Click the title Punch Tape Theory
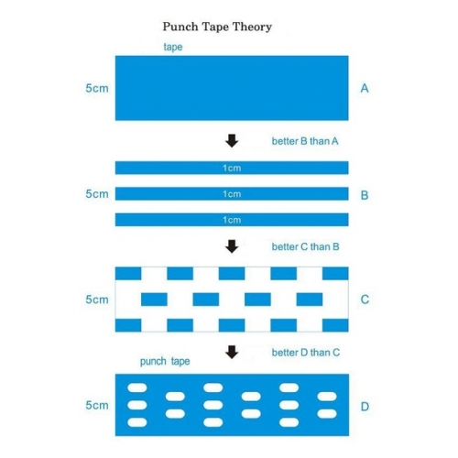click(217, 27)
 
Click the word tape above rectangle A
click(173, 47)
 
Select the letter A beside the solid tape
click(365, 88)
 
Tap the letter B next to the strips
click(365, 195)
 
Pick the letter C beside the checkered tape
click(365, 300)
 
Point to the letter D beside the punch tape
click(365, 407)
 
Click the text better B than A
click(305, 141)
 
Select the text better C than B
click(305, 246)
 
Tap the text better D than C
click(306, 353)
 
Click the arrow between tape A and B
click(232, 141)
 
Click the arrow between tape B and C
click(232, 246)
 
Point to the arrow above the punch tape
click(232, 352)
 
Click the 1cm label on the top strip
click(232, 168)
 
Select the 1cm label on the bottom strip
click(232, 220)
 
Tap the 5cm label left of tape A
click(97, 88)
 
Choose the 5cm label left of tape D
click(97, 405)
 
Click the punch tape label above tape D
click(165, 362)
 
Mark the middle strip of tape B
click(232, 193)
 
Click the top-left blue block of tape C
click(128, 274)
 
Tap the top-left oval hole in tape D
click(137, 387)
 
